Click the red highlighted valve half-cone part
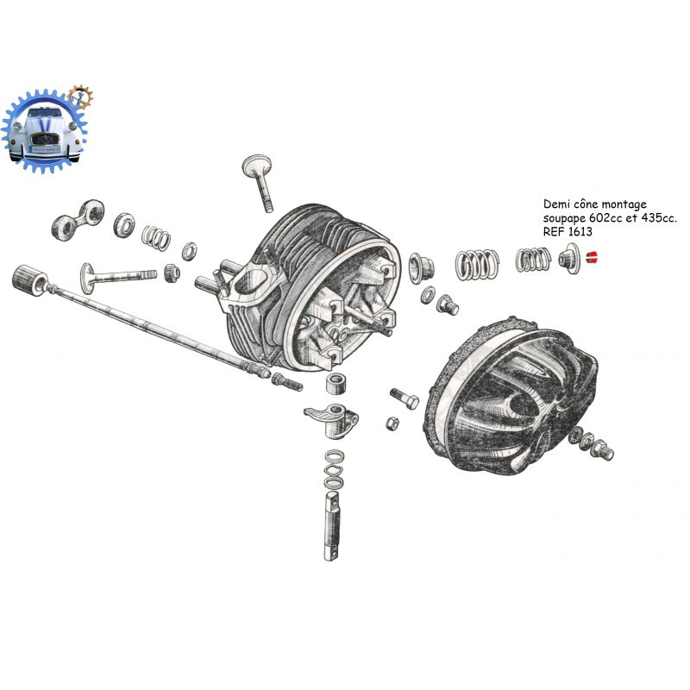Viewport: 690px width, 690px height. point(592,257)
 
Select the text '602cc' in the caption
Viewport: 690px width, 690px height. point(602,218)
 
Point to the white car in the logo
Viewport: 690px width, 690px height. point(46,134)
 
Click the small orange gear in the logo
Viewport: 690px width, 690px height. point(80,97)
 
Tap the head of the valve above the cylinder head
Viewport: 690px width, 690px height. point(255,166)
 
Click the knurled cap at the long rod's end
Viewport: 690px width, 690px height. point(30,280)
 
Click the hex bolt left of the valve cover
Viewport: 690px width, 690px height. point(405,398)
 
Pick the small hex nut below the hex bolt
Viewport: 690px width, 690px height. point(392,423)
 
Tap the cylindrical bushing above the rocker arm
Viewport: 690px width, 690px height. point(337,384)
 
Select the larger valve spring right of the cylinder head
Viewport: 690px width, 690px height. point(477,264)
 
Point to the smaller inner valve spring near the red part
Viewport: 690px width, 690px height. point(533,260)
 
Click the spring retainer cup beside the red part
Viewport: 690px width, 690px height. point(569,258)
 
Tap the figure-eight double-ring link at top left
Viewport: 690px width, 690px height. point(78,220)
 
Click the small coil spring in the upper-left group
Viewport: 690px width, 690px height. point(156,238)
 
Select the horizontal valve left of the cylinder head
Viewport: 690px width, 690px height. point(118,277)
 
